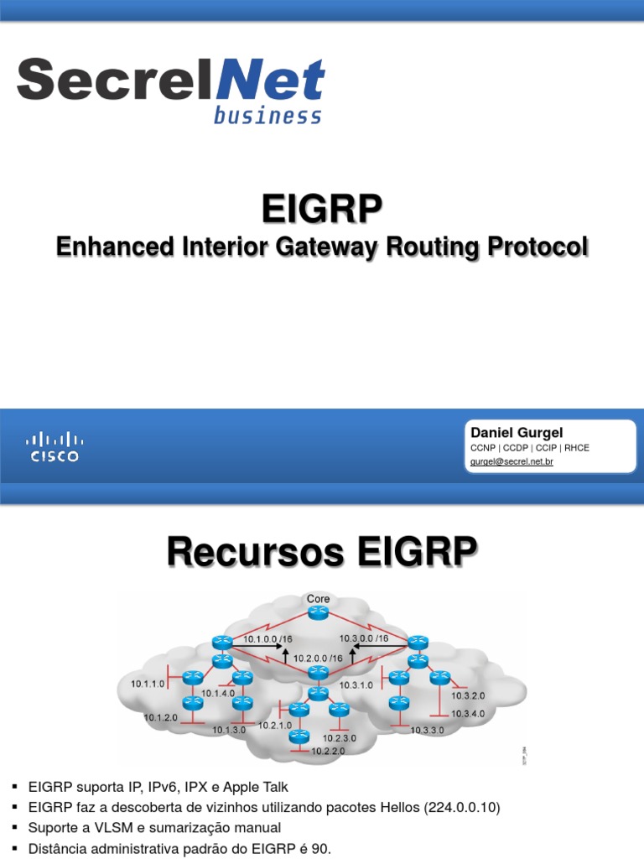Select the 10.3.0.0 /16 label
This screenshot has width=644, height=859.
365,638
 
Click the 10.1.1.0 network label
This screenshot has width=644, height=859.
147,684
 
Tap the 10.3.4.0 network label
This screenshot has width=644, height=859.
468,713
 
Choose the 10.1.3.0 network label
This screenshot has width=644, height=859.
228,730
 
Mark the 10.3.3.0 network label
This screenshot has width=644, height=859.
427,730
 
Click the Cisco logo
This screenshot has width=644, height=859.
55,447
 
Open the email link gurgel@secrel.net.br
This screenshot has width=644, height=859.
512,461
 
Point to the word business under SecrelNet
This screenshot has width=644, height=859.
267,116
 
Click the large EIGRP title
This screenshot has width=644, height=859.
322,210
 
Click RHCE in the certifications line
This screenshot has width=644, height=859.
575,448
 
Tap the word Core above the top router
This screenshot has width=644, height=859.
319,599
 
